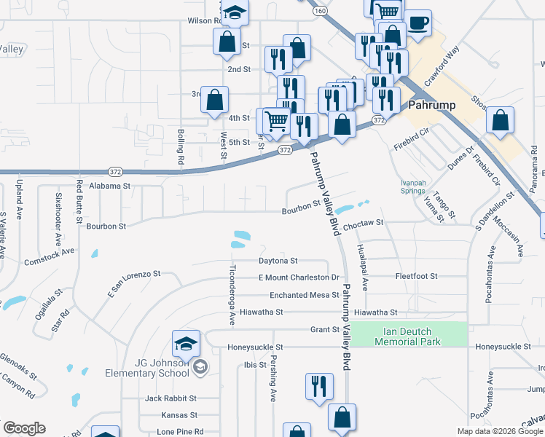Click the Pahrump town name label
tap(432, 105)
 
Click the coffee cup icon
tap(417, 23)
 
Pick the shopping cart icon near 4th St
tap(276, 121)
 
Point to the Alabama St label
tap(109, 186)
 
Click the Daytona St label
tap(278, 260)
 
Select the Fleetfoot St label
tap(416, 277)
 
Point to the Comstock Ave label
tap(50, 256)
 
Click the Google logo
tap(23, 428)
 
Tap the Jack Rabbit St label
tap(170, 398)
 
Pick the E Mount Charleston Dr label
tap(299, 277)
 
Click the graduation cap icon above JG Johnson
tap(186, 343)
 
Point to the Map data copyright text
tap(500, 431)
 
